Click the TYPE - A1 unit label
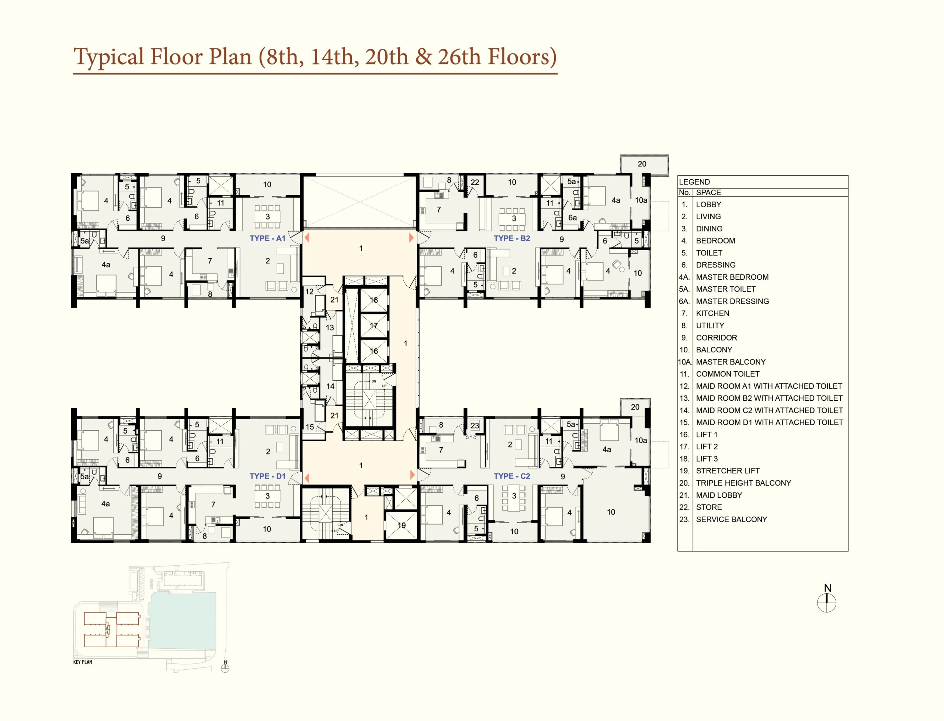pos(267,238)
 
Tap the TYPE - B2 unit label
pos(512,238)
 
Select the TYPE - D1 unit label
pos(267,476)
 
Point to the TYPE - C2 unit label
pos(512,476)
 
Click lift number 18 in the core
pos(374,300)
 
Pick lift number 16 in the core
pos(374,351)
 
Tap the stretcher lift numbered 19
pos(402,525)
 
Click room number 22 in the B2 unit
pos(475,182)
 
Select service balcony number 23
pos(475,426)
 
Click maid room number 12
pos(309,291)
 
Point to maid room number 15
pos(310,427)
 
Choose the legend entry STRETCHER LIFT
pos(728,471)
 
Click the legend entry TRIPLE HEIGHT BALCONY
pos(743,483)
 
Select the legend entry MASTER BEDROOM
pos(732,277)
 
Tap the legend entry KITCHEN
pos(712,313)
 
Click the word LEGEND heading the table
pos(694,182)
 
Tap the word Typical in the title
pos(108,57)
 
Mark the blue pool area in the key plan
pos(182,620)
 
